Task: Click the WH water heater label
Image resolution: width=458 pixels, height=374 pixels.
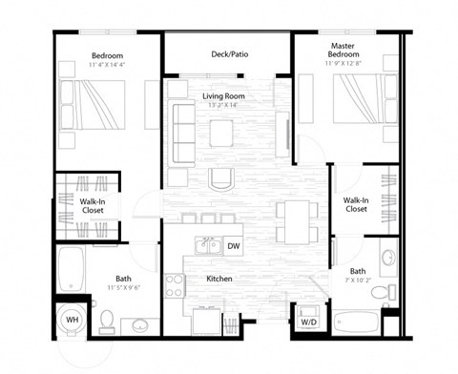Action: (72, 320)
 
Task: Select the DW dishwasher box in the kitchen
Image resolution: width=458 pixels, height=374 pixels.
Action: (234, 246)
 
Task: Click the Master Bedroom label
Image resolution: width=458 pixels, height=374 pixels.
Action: (343, 50)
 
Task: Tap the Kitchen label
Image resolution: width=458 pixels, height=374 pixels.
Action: (219, 279)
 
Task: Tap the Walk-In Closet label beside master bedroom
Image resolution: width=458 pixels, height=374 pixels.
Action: (356, 203)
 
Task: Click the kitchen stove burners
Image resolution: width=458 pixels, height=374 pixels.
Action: (175, 284)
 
